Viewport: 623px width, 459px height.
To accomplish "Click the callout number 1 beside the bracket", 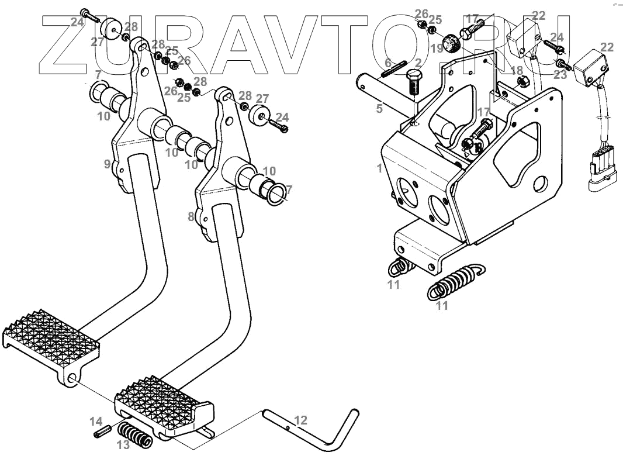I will point(379,168).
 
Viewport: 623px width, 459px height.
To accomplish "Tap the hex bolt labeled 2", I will point(414,83).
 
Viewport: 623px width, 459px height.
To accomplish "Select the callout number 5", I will point(379,108).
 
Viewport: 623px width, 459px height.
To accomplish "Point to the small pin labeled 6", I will point(394,69).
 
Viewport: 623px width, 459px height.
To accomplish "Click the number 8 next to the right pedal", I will point(191,216).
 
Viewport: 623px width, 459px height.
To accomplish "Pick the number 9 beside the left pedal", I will point(108,164).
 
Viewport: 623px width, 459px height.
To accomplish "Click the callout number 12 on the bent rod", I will point(300,420).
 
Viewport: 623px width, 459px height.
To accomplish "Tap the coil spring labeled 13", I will point(135,436).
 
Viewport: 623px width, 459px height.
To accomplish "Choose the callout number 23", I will point(560,75).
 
